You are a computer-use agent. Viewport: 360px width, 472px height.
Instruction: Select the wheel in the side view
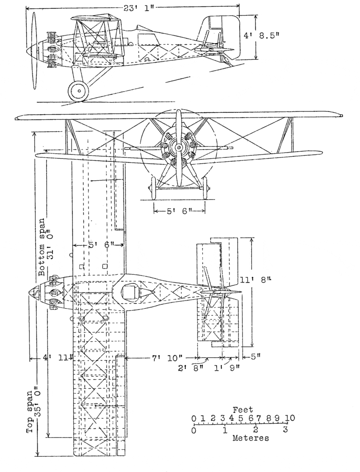point(78,91)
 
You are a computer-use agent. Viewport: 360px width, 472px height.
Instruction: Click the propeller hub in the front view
point(178,147)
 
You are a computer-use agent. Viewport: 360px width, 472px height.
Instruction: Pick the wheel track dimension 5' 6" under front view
point(179,211)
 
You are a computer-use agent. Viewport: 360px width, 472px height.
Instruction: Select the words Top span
point(30,412)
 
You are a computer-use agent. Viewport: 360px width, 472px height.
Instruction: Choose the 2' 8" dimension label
point(191,368)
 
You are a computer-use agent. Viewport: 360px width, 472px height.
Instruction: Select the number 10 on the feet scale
point(289,418)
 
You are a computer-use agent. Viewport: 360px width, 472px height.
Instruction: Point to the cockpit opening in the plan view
point(130,292)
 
